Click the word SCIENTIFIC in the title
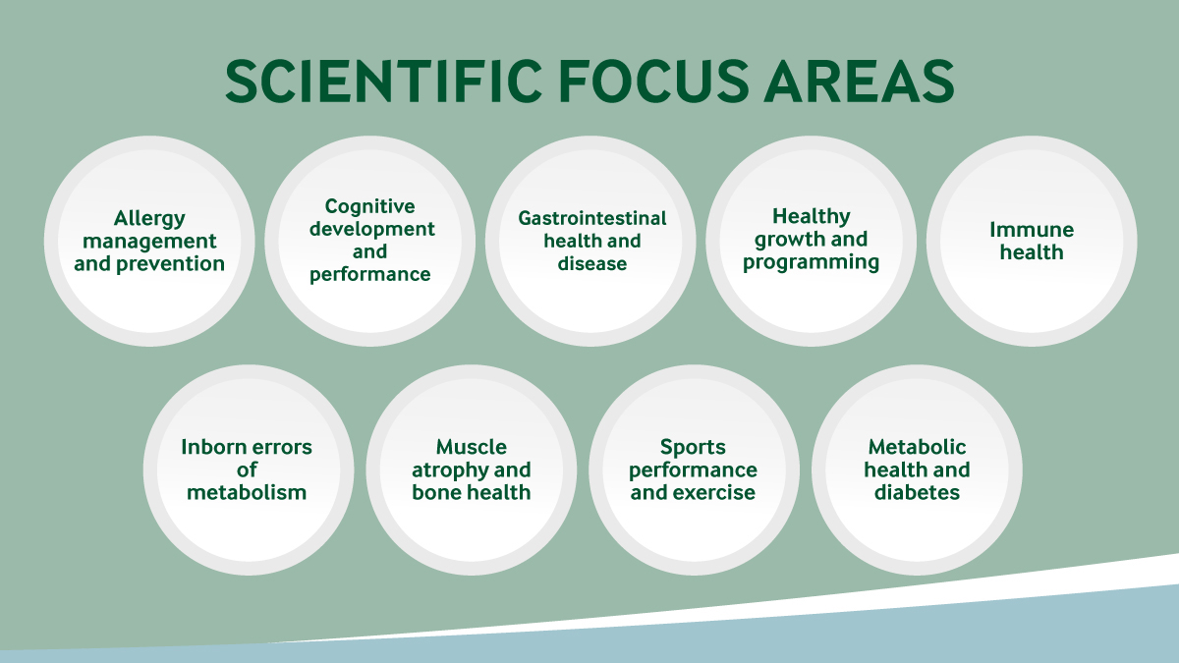pyautogui.click(x=384, y=81)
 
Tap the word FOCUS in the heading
pyautogui.click(x=653, y=81)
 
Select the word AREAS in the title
pyautogui.click(x=859, y=81)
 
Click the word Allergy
pyautogui.click(x=149, y=219)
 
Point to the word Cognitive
pyautogui.click(x=369, y=207)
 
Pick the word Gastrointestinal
pyautogui.click(x=592, y=218)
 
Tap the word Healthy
pyautogui.click(x=812, y=217)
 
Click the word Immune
pyautogui.click(x=1032, y=230)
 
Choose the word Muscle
pyautogui.click(x=471, y=447)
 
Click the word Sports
pyautogui.click(x=693, y=448)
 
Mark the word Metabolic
pyautogui.click(x=917, y=447)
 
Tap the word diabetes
pyautogui.click(x=917, y=492)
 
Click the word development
pyautogui.click(x=372, y=230)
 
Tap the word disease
pyautogui.click(x=592, y=263)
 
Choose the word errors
pyautogui.click(x=287, y=448)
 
